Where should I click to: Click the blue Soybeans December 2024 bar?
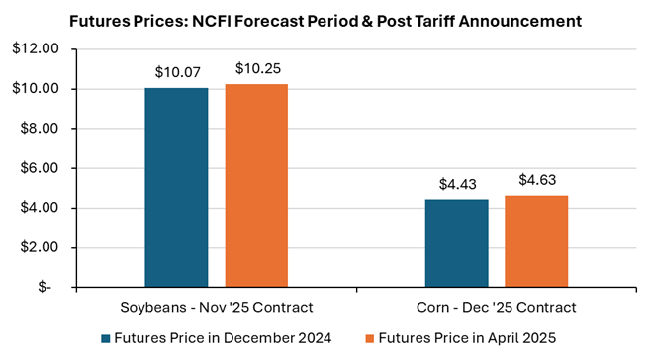[x=176, y=187]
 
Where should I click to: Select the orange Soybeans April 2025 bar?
[x=256, y=186]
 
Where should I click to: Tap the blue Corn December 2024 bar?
[x=457, y=243]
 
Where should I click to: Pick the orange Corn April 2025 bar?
[x=536, y=241]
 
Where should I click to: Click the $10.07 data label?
[x=178, y=72]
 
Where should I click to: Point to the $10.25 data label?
[x=258, y=68]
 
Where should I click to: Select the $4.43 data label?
[x=457, y=184]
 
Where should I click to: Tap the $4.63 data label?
[x=537, y=180]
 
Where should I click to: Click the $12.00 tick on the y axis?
[x=36, y=48]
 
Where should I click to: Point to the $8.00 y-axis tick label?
[x=39, y=129]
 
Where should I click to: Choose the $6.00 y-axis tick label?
[x=39, y=168]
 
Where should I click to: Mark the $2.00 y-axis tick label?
[x=39, y=247]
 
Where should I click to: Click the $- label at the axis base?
[x=45, y=287]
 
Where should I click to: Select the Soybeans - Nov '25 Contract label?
[x=217, y=308]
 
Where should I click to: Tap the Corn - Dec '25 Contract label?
[x=496, y=308]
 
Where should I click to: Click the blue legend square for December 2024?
[x=106, y=339]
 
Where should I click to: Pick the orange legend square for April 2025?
[x=369, y=339]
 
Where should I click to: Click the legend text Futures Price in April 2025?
[x=467, y=338]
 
